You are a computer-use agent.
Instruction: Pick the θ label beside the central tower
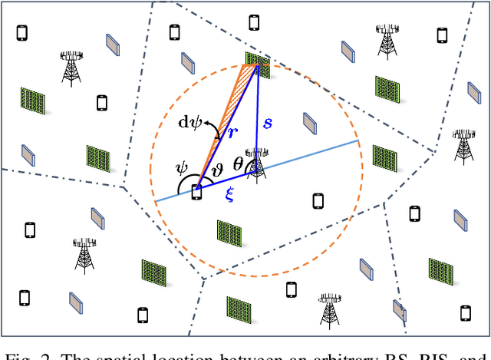click(x=239, y=162)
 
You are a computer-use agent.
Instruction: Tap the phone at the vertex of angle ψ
click(x=197, y=193)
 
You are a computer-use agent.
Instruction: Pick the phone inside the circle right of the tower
click(x=318, y=201)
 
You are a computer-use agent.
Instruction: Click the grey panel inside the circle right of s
click(x=310, y=123)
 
